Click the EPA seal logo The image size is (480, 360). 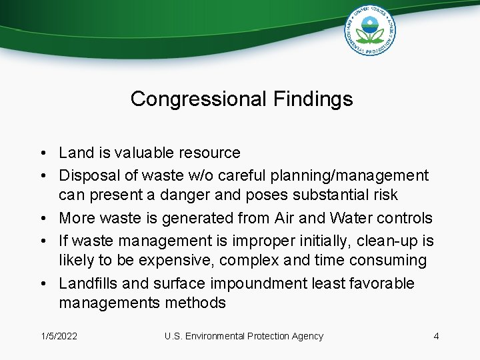click(x=370, y=31)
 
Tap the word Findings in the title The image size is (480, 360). click(x=313, y=99)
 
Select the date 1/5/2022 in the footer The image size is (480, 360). click(x=59, y=336)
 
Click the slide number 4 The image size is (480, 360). click(x=436, y=336)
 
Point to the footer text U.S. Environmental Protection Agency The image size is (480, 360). click(x=243, y=336)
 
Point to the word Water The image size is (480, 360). click(x=345, y=218)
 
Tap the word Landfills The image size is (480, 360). click(x=89, y=283)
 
